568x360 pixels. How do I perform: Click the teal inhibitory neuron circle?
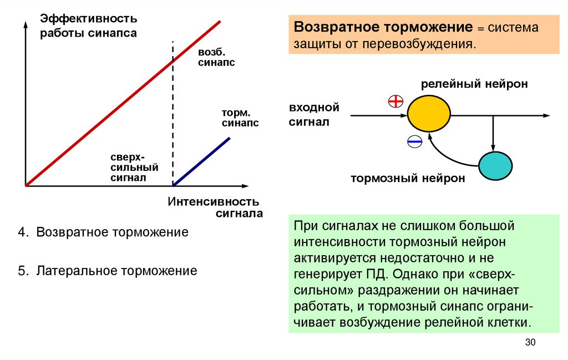[x=495, y=165]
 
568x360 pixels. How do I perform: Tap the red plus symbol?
[x=395, y=102]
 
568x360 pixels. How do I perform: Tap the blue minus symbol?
[x=414, y=141]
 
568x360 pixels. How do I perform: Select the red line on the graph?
[x=122, y=104]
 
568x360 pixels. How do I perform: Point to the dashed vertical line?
[x=173, y=111]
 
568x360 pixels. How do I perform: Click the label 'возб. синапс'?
[x=216, y=57]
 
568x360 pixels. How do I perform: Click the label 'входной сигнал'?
[x=313, y=114]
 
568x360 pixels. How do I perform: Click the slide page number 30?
[x=530, y=343]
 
